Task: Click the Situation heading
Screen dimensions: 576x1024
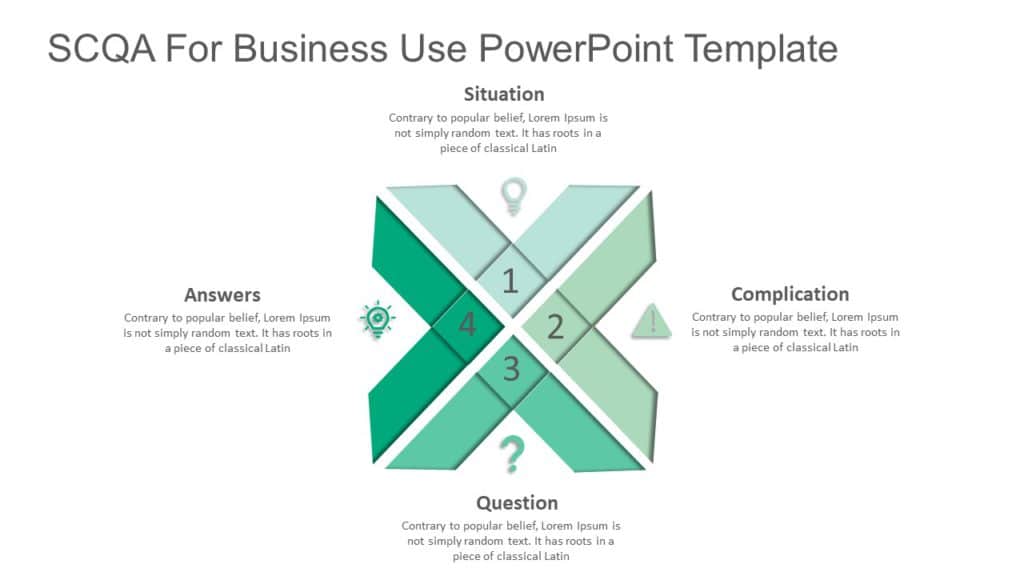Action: [504, 94]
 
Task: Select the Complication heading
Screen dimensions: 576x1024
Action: [790, 294]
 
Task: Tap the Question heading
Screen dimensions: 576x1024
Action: [517, 502]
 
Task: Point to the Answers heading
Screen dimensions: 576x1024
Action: [222, 294]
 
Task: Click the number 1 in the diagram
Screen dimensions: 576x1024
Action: [510, 282]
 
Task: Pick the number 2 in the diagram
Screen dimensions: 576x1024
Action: [556, 326]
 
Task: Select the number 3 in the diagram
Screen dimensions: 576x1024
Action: [511, 369]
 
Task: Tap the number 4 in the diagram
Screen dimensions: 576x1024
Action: [467, 325]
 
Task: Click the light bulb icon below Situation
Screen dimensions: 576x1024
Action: [513, 195]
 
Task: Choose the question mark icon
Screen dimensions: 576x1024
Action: [512, 455]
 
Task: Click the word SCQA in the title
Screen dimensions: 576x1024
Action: [102, 49]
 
